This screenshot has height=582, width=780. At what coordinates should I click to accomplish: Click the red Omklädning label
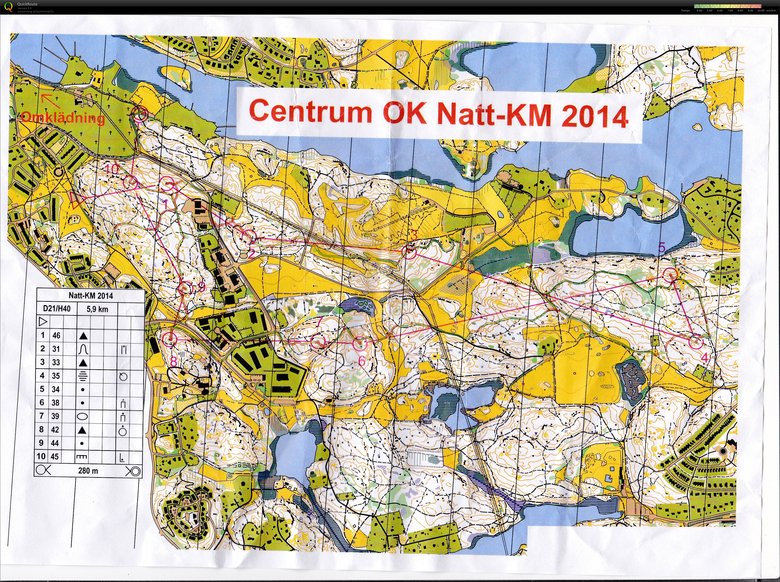click(x=63, y=117)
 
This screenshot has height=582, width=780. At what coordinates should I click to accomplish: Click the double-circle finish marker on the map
click(x=140, y=114)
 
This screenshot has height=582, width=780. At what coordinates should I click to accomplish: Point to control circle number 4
click(x=695, y=342)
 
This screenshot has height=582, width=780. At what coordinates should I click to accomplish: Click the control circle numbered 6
click(x=360, y=344)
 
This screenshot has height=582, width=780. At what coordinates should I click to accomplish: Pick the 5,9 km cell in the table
click(x=97, y=309)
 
